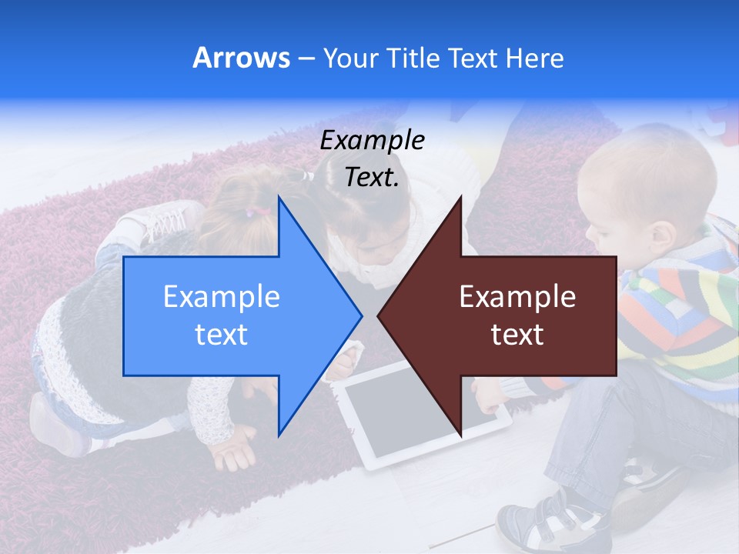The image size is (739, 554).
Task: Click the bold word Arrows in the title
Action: pos(242,58)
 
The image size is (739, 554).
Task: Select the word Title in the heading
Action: pos(418,58)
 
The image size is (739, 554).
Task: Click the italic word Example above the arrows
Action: pos(373,141)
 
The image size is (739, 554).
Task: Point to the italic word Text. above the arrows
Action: pos(373,178)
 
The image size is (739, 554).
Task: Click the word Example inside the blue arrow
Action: pos(222,297)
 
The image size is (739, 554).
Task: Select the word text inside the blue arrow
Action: pos(222,335)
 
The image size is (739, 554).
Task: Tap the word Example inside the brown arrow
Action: pos(517,297)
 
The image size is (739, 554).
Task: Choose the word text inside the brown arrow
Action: pos(517,335)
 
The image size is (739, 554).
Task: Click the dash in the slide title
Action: pos(306,58)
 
